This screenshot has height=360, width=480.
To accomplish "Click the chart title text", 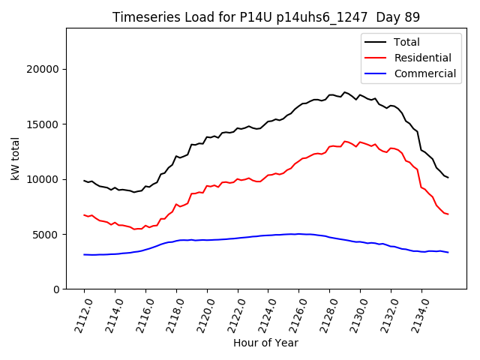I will pos(266,16).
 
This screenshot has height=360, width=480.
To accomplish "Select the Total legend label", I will pos(406,42).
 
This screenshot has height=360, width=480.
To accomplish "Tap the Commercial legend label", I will pos(424,73).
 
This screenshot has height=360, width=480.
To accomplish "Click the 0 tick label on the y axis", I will pos(56,289).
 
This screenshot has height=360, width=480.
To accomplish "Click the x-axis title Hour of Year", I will pos(265,343).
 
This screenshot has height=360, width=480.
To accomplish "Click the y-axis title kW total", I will pos(16,159).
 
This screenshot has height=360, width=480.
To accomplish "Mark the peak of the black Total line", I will pos(344,92).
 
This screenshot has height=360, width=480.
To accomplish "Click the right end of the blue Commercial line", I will pos(448,252).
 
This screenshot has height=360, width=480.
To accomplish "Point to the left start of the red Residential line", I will pos(84,214).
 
